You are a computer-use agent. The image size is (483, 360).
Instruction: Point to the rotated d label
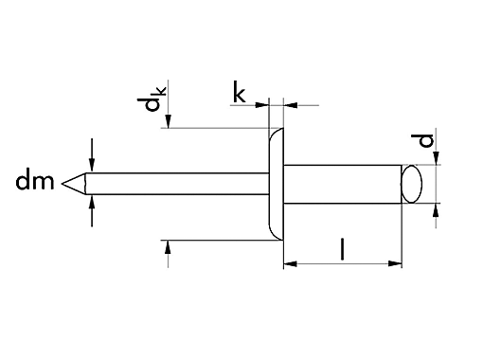click(x=427, y=143)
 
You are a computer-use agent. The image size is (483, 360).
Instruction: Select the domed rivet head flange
click(x=275, y=184)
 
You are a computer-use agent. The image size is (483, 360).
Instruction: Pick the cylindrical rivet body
click(x=341, y=184)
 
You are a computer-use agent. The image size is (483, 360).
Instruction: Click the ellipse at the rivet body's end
click(x=412, y=184)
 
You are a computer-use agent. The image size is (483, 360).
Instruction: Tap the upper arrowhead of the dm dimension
click(x=91, y=164)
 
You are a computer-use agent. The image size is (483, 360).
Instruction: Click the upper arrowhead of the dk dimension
click(x=169, y=121)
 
